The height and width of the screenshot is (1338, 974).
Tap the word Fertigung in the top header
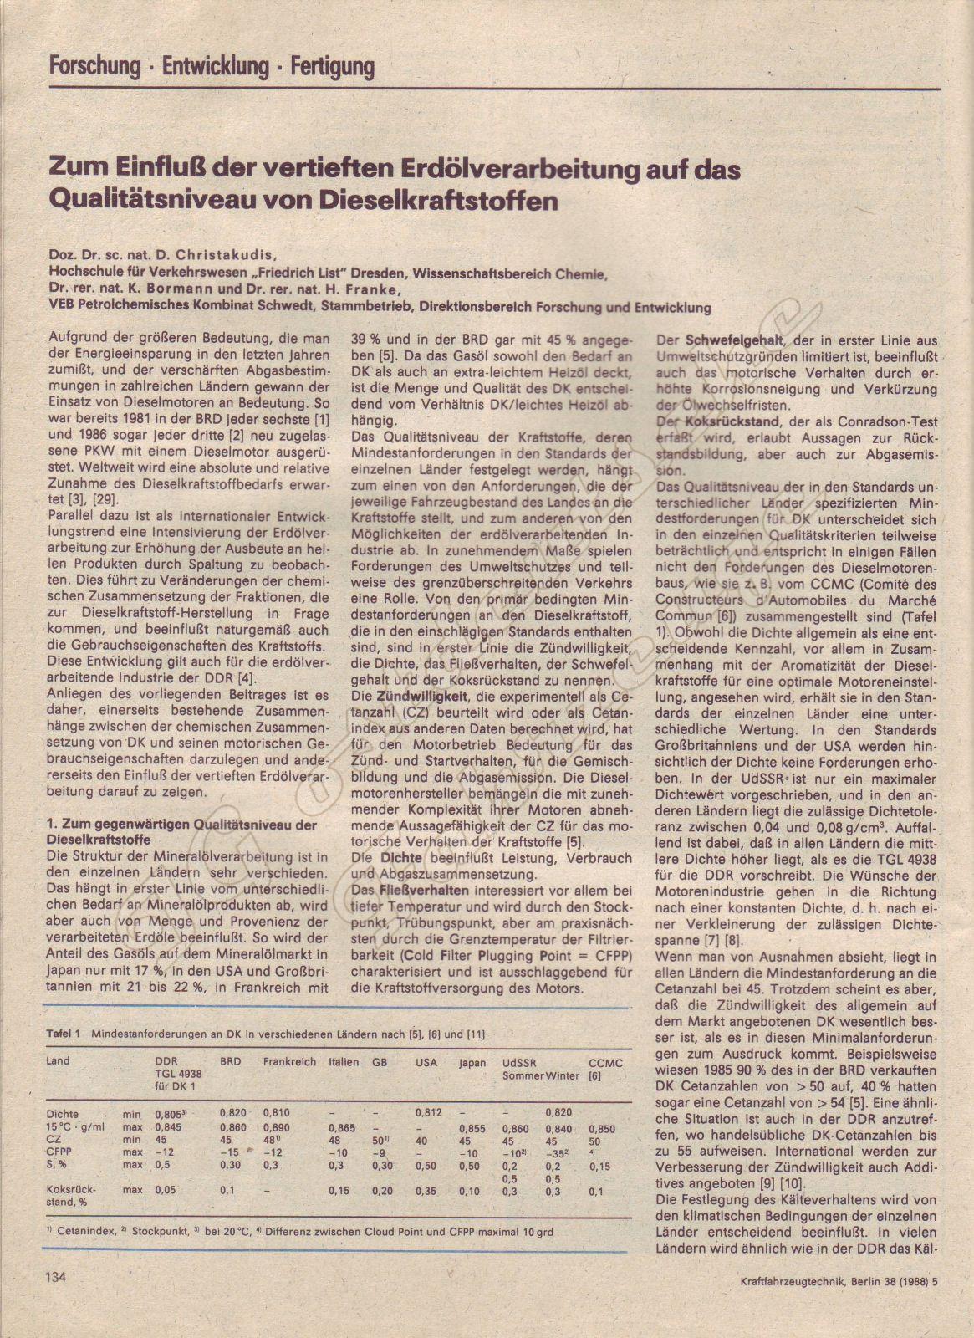pyautogui.click(x=332, y=67)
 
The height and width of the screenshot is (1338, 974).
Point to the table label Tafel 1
pyautogui.click(x=63, y=1034)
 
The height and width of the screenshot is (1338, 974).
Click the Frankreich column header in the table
pyautogui.click(x=289, y=1062)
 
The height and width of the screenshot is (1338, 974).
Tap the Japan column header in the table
pyautogui.click(x=472, y=1063)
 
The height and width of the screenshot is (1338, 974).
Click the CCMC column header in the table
pyautogui.click(x=605, y=1063)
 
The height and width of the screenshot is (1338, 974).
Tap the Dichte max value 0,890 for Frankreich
pyautogui.click(x=277, y=1128)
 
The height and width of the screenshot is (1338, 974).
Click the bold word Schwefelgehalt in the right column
pyautogui.click(x=722, y=341)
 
